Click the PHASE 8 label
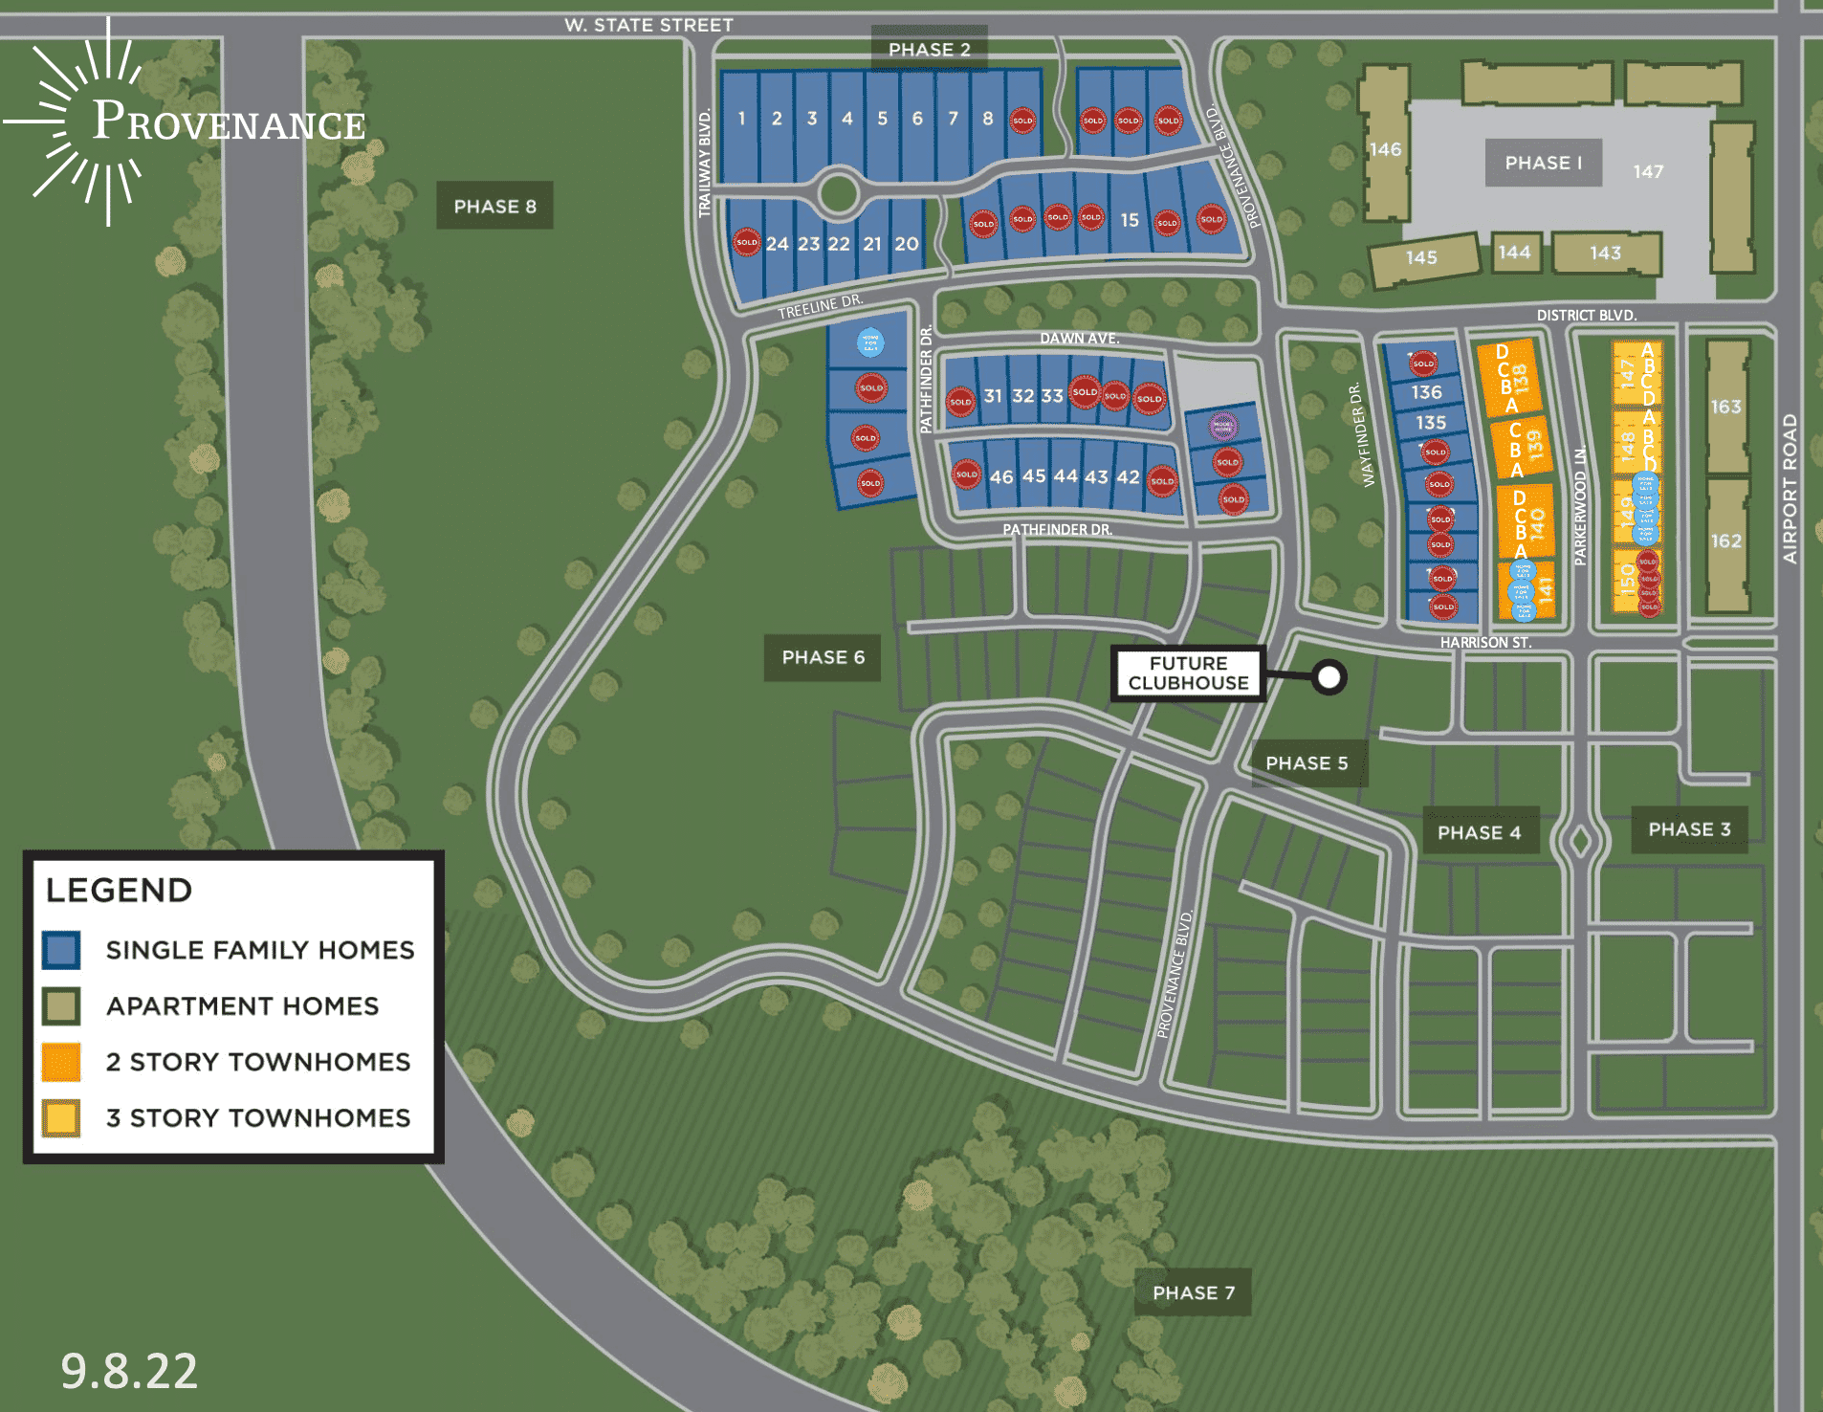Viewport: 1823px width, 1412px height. [494, 206]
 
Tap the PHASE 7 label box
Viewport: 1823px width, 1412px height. [1193, 1292]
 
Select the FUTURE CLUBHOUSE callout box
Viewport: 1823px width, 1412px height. [1188, 673]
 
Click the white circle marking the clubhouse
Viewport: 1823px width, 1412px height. [1329, 677]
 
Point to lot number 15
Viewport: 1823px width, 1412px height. [1130, 220]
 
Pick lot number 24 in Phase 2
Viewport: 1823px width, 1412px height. [777, 244]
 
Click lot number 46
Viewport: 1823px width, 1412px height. [1001, 476]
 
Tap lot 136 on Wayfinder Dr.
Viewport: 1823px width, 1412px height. [1426, 392]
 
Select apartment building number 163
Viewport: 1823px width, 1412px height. [1726, 407]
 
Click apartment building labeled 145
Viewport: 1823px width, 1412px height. [1421, 257]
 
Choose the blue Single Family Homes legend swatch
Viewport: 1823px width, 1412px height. [61, 950]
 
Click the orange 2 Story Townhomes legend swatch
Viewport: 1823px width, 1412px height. [61, 1062]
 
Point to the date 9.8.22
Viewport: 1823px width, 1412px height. [129, 1370]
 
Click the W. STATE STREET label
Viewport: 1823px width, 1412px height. [648, 25]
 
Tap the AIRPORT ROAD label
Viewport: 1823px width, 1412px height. [1790, 488]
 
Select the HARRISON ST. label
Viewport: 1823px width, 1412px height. [1485, 643]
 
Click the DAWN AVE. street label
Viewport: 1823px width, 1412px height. [1079, 338]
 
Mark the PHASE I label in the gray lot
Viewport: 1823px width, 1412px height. [1543, 163]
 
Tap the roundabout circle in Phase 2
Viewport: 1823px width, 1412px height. [839, 193]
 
